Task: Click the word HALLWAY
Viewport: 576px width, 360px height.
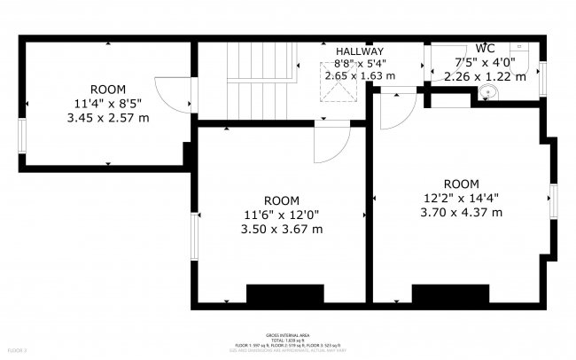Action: (x=359, y=51)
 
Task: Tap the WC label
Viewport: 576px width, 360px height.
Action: (x=485, y=48)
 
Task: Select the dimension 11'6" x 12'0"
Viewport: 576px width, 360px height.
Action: (x=281, y=215)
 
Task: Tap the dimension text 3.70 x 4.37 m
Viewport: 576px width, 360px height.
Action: (x=461, y=212)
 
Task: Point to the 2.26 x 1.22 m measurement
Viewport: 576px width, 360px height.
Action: (x=484, y=76)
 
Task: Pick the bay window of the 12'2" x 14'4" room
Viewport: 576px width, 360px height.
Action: (x=555, y=200)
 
